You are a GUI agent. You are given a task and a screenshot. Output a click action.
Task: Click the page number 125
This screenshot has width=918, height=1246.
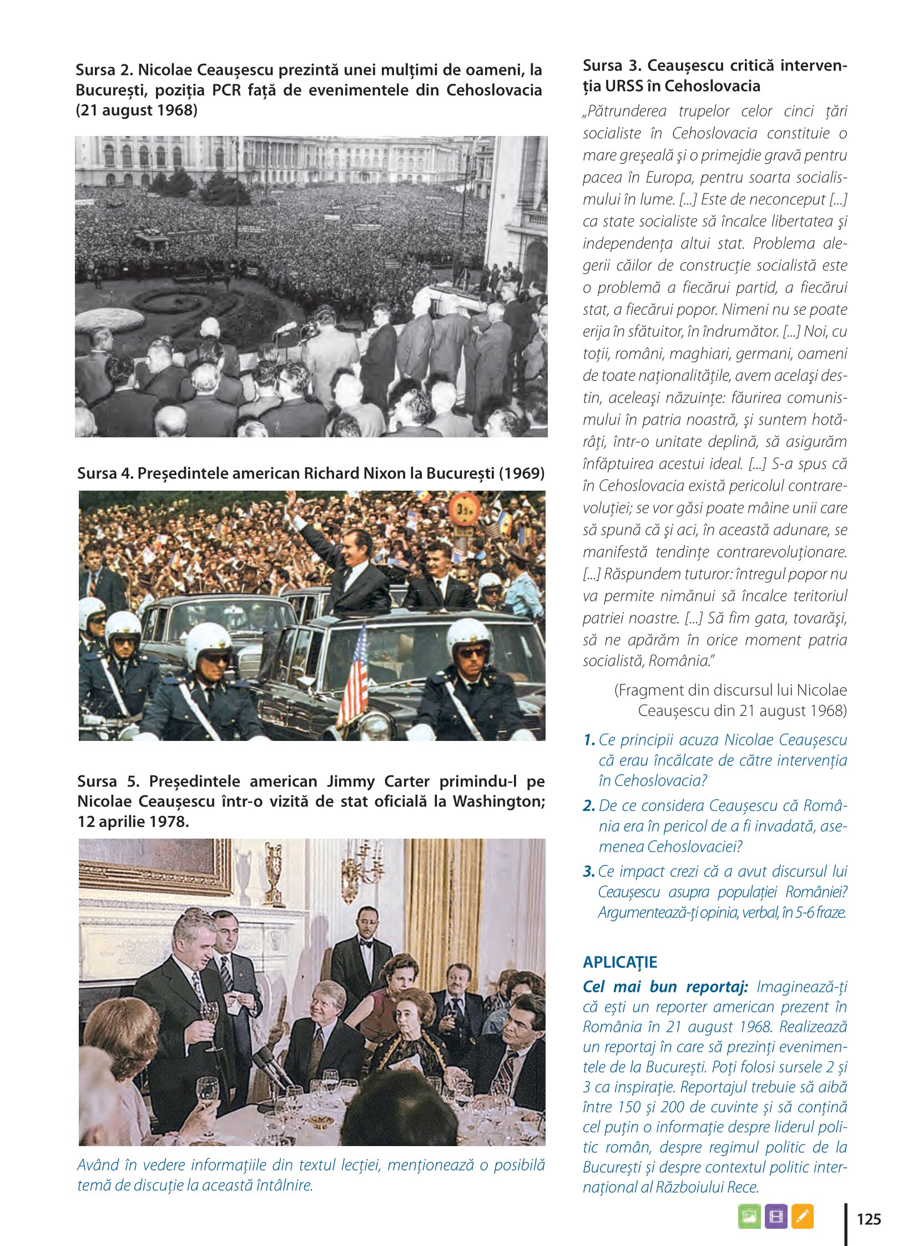tap(869, 1219)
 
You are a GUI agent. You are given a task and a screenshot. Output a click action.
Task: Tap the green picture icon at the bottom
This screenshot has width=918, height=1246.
tap(749, 1216)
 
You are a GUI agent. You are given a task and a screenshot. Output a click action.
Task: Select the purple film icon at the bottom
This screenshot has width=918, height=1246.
tap(776, 1216)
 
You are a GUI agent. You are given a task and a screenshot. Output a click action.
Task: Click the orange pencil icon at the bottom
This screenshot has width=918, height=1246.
tap(803, 1216)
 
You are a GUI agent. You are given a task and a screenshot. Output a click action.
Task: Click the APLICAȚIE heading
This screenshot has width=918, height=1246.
tap(619, 962)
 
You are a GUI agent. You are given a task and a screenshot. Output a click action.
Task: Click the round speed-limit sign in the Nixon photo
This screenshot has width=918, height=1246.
tap(465, 508)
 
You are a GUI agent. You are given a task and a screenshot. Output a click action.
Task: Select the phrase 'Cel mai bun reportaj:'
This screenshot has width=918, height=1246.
tap(665, 987)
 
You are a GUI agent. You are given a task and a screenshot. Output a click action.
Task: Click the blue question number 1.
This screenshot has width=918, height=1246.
tap(589, 740)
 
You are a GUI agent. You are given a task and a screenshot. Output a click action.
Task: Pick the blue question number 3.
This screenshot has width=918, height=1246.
tap(589, 871)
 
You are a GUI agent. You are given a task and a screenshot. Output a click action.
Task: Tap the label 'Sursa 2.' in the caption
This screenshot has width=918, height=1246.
tap(104, 70)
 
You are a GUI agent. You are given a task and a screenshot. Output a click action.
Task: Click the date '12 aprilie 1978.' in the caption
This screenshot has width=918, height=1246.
tap(133, 821)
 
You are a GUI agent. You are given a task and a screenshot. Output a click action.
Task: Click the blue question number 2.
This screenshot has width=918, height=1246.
tap(589, 806)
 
